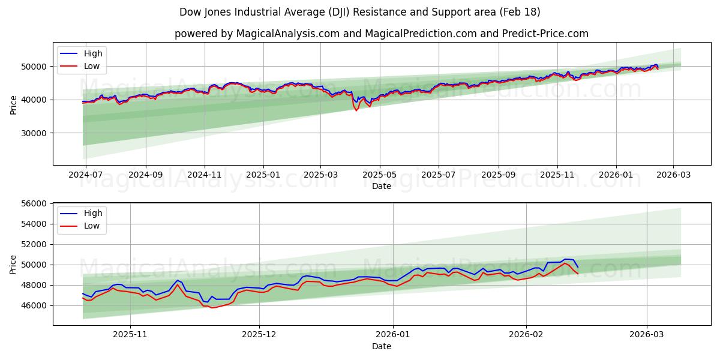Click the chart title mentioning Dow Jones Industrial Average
(359, 12)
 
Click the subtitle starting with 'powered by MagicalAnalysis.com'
(381, 34)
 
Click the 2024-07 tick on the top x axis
(86, 175)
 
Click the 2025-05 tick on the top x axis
(380, 175)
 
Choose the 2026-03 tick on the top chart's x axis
(673, 175)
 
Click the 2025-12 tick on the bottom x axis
(259, 335)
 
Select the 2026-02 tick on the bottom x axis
(526, 335)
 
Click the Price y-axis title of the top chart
(14, 104)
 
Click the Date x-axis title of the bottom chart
(381, 346)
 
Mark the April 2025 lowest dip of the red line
(356, 110)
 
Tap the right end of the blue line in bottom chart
(578, 267)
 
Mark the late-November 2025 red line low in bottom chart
(211, 308)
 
